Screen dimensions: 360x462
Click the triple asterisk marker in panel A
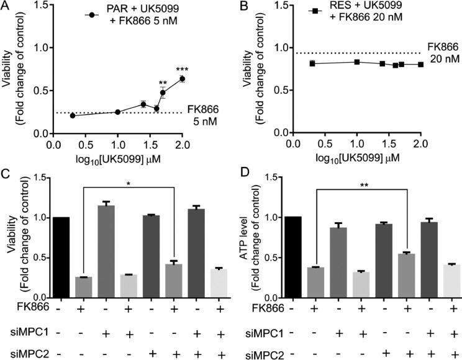point(182,70)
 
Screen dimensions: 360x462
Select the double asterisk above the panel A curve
point(163,83)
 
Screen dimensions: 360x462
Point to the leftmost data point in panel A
point(73,115)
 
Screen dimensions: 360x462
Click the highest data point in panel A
point(182,79)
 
